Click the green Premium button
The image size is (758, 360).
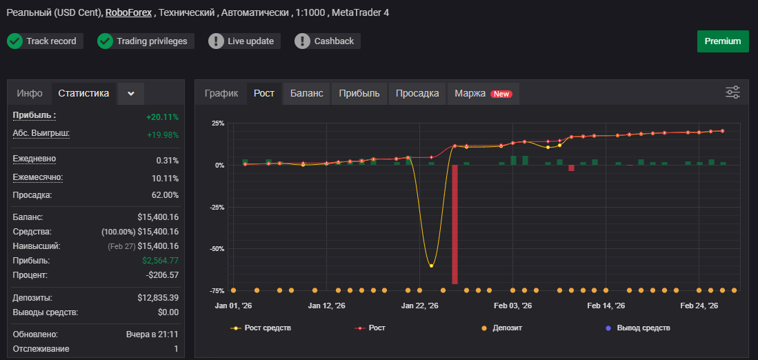pyautogui.click(x=723, y=41)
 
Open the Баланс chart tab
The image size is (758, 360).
pyautogui.click(x=306, y=93)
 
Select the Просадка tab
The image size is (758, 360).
pyautogui.click(x=417, y=93)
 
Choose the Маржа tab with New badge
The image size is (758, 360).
pyautogui.click(x=483, y=93)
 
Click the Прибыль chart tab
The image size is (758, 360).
pyautogui.click(x=359, y=93)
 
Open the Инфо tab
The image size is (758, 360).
pyautogui.click(x=30, y=93)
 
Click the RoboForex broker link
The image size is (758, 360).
pyautogui.click(x=128, y=12)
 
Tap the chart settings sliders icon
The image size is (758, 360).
pyautogui.click(x=733, y=92)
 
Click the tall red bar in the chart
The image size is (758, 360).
pyautogui.click(x=455, y=224)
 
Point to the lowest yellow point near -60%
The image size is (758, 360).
pyautogui.click(x=431, y=266)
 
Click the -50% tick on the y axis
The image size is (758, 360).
pyautogui.click(x=217, y=249)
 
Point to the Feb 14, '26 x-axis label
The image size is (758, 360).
pyautogui.click(x=606, y=306)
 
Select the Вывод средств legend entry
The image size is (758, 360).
pyautogui.click(x=637, y=328)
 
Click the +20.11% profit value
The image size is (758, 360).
pyautogui.click(x=163, y=117)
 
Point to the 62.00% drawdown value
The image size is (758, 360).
pyautogui.click(x=165, y=195)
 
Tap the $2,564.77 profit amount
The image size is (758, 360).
pyautogui.click(x=161, y=261)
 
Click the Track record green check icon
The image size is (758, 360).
pyautogui.click(x=15, y=41)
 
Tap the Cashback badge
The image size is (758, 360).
pyautogui.click(x=328, y=41)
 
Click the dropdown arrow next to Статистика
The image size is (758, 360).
pyautogui.click(x=131, y=93)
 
